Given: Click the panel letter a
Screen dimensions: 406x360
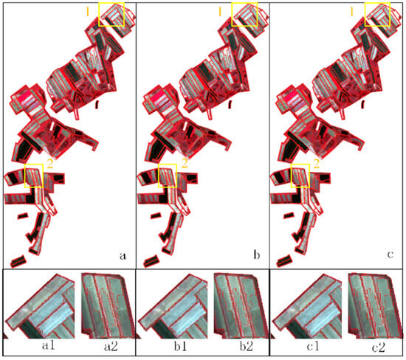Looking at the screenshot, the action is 123,256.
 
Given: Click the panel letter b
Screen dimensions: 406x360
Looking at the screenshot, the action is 256,255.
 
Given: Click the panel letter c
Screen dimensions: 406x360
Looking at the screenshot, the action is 390,255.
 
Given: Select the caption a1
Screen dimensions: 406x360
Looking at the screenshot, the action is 49,345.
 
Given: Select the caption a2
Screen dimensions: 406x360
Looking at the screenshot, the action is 111,346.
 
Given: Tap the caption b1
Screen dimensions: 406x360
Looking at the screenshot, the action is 180,346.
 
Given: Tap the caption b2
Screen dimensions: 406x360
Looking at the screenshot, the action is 247,346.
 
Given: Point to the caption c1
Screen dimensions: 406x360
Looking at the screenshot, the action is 313,346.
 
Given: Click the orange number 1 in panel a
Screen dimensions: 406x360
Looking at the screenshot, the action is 88,11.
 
